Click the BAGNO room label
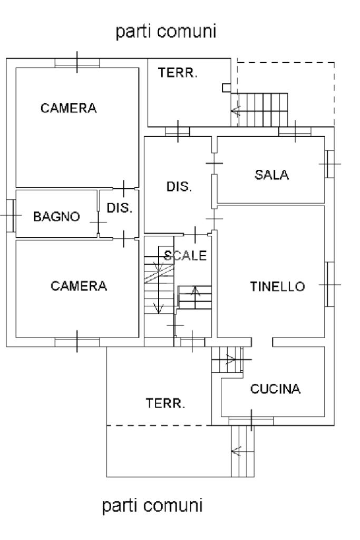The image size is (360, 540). pyautogui.click(x=56, y=216)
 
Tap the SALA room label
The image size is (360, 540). pyautogui.click(x=271, y=176)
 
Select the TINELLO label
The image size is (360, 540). pyautogui.click(x=277, y=286)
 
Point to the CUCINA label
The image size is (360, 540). pyautogui.click(x=275, y=389)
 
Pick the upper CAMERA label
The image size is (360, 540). pyautogui.click(x=69, y=108)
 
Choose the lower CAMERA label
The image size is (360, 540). pyautogui.click(x=79, y=286)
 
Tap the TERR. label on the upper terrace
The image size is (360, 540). pyautogui.click(x=178, y=74)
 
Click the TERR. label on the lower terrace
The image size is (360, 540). pyautogui.click(x=166, y=404)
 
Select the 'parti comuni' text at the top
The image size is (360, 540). pyautogui.click(x=166, y=32)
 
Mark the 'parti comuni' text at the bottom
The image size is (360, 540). pyautogui.click(x=152, y=507)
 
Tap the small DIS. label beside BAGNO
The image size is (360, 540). pyautogui.click(x=120, y=208)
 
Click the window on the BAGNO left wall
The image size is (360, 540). pyautogui.click(x=11, y=216)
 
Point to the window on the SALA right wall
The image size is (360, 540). pyautogui.click(x=330, y=164)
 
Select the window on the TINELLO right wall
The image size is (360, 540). pyautogui.click(x=330, y=284)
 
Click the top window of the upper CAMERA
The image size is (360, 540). pyautogui.click(x=77, y=62)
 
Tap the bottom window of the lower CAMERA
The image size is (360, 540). pyautogui.click(x=77, y=342)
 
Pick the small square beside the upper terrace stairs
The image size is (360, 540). pyautogui.click(x=226, y=88)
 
